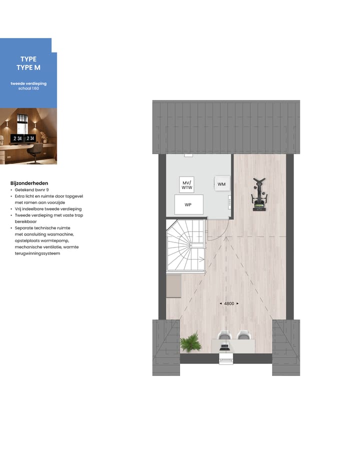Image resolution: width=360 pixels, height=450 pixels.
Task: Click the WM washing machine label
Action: pyautogui.click(x=221, y=184)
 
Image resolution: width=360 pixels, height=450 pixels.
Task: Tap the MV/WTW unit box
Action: pyautogui.click(x=186, y=185)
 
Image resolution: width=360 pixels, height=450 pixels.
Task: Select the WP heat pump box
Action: pyautogui.click(x=188, y=204)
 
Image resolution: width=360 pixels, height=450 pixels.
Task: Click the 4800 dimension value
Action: pyautogui.click(x=229, y=303)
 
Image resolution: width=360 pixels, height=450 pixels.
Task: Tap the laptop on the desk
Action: pyautogui.click(x=224, y=345)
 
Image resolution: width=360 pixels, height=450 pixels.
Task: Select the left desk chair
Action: pyautogui.click(x=224, y=335)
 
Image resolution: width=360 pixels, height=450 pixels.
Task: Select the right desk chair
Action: pyautogui.click(x=243, y=335)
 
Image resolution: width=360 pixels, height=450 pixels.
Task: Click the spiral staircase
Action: pyautogui.click(x=186, y=246)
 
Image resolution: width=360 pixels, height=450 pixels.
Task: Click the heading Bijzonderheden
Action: pyautogui.click(x=29, y=183)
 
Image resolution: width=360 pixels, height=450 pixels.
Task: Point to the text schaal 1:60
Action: pyautogui.click(x=28, y=88)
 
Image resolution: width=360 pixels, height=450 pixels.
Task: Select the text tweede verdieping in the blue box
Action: pyautogui.click(x=28, y=83)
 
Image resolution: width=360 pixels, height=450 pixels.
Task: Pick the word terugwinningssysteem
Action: pyautogui.click(x=37, y=253)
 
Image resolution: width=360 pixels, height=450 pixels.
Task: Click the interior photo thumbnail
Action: pyautogui.click(x=28, y=136)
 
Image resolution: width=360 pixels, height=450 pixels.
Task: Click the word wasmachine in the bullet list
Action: pyautogui.click(x=61, y=234)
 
